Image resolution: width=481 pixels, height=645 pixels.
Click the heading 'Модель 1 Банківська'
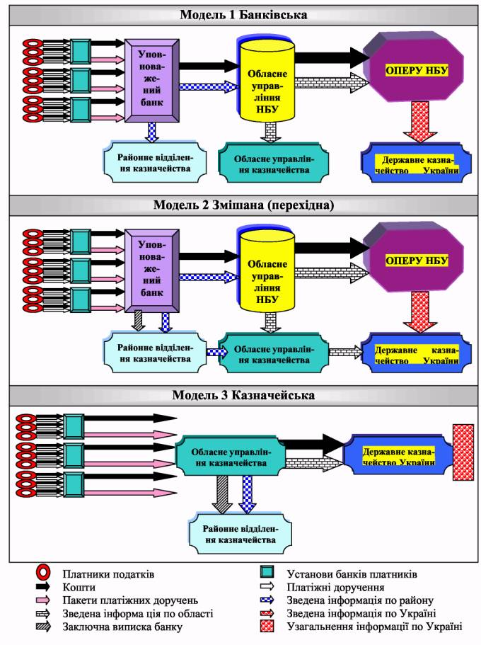243,15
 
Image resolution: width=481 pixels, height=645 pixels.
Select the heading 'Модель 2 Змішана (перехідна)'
243,205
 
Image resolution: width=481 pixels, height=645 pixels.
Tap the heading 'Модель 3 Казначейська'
243,395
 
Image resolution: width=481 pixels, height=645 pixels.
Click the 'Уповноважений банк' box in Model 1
151,80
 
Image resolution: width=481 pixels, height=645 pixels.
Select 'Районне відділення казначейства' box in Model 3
240,535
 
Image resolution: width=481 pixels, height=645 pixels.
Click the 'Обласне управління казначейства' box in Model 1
274,164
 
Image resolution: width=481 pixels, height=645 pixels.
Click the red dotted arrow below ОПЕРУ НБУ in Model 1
419,122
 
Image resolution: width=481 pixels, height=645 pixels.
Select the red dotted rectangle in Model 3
463,452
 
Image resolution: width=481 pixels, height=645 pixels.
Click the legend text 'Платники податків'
108,573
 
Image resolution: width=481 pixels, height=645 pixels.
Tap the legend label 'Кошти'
79,587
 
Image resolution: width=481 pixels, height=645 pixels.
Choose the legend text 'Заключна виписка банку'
122,627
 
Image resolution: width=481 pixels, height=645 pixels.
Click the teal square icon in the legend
267,572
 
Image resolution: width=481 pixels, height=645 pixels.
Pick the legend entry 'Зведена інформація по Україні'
361,613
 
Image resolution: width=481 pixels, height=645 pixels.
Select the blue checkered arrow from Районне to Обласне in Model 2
216,353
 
